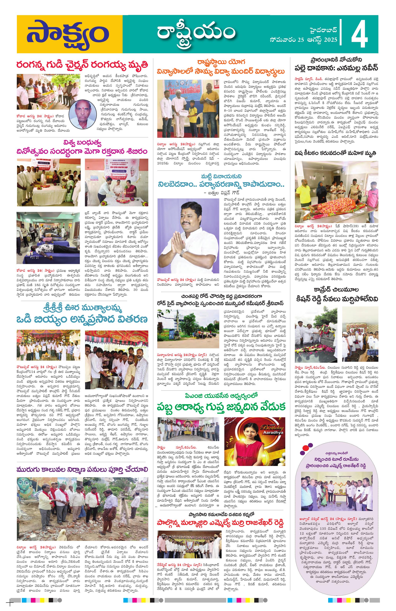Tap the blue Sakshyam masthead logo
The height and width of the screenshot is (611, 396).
point(68,34)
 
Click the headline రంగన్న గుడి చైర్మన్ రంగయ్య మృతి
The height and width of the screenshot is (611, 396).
point(82,65)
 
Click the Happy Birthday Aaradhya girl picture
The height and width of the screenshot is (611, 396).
point(254,441)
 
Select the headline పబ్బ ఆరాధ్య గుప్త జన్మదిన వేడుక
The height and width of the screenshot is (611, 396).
point(221,407)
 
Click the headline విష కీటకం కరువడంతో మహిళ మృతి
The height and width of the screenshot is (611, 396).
point(335,153)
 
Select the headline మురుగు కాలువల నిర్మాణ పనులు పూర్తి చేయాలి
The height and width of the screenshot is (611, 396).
point(82,470)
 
